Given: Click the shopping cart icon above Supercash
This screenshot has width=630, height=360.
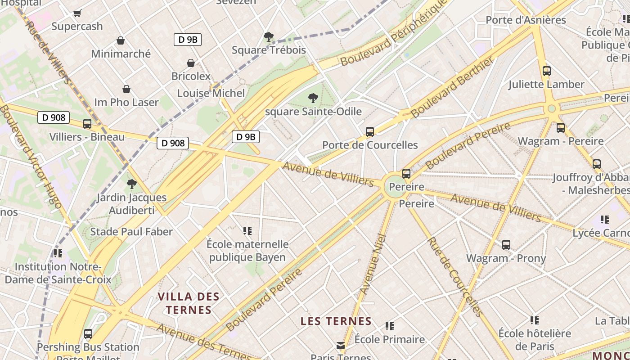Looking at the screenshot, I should (x=77, y=13).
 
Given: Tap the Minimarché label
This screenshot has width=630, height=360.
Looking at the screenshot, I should (x=121, y=54).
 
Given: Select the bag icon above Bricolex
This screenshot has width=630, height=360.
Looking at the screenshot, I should (x=191, y=63).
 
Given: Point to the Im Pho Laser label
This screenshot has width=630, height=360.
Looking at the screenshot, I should (x=126, y=103).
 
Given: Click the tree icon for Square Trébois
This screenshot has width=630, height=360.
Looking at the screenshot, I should (x=268, y=37).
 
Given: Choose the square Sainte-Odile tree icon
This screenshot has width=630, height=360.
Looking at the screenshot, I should (x=313, y=98).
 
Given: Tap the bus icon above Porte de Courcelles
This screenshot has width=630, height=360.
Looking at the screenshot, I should (x=370, y=132).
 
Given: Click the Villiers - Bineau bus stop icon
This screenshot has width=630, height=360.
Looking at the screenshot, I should (x=87, y=124).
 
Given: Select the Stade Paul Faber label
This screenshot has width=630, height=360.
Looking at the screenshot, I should (x=131, y=232).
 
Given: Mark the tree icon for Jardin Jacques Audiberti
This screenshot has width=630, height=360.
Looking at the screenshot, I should (x=131, y=184).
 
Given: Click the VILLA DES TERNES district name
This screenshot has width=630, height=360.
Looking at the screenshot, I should (x=189, y=303).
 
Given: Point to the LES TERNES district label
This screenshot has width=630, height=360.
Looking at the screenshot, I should (x=336, y=321).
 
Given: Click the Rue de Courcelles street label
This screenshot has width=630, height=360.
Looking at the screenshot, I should (x=454, y=277).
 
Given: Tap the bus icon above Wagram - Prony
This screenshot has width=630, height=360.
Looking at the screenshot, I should (x=506, y=245).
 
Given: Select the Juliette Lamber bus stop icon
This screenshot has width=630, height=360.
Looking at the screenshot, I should (x=547, y=71).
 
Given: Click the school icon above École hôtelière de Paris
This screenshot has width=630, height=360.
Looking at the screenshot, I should (x=535, y=320).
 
